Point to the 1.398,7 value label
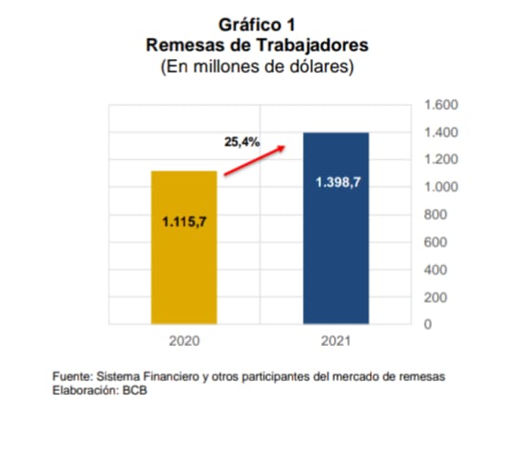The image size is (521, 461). [x=337, y=182]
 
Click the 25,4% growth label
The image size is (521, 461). [x=242, y=143]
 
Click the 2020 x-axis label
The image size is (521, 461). [x=184, y=340]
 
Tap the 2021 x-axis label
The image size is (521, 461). [x=337, y=340]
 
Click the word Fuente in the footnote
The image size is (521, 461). [x=71, y=377]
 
